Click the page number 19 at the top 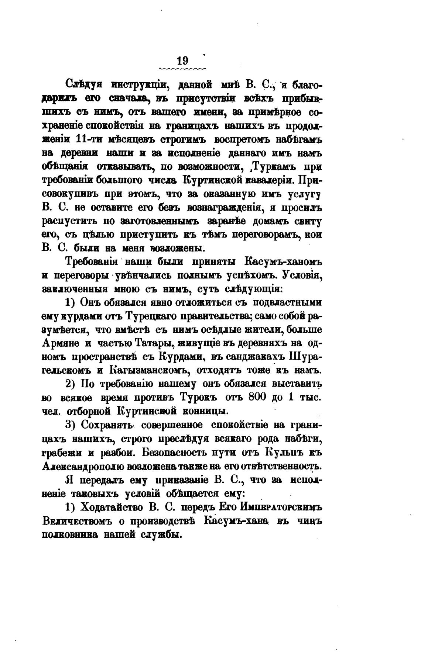point(183,60)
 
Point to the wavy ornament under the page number point(182,69)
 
